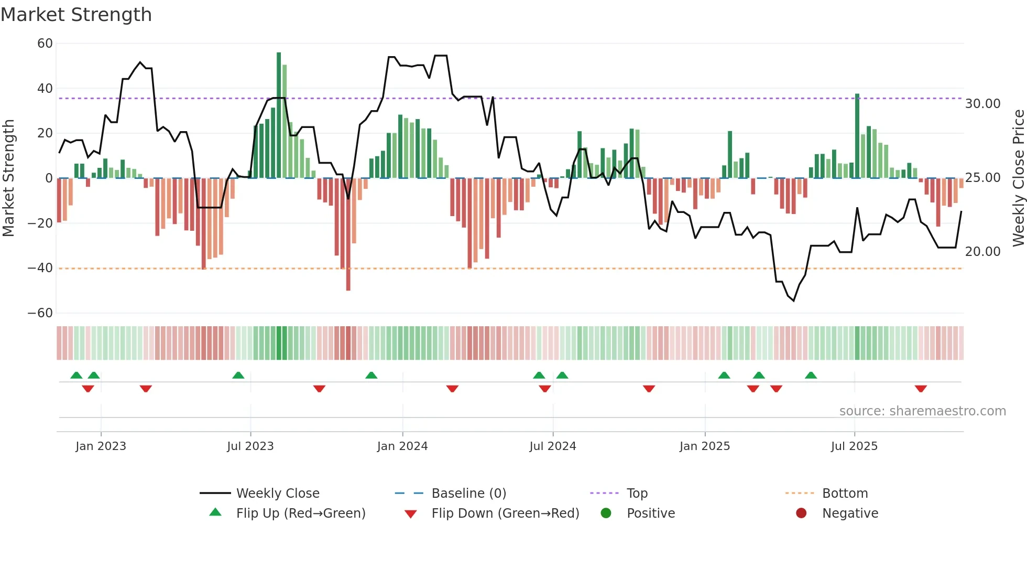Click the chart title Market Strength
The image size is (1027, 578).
click(x=76, y=15)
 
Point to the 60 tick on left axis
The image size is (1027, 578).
click(x=45, y=44)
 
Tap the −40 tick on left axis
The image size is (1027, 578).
click(x=40, y=268)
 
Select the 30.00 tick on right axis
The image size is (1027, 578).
click(x=982, y=104)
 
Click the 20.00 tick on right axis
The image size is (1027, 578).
click(x=982, y=252)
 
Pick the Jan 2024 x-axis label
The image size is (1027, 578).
click(x=402, y=446)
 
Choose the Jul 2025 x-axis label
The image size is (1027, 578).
click(x=854, y=446)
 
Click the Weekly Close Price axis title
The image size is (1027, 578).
click(x=1018, y=178)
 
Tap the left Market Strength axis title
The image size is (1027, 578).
click(x=8, y=178)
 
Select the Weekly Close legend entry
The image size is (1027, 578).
click(x=277, y=494)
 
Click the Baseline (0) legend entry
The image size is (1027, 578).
click(x=468, y=494)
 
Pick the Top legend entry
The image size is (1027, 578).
click(x=637, y=494)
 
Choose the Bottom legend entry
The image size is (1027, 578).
click(x=845, y=494)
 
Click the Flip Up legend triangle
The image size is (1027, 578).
click(x=215, y=512)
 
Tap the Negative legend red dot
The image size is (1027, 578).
click(x=801, y=513)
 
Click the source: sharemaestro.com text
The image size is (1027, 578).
click(x=922, y=411)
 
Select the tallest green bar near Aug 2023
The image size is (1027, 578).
click(x=279, y=115)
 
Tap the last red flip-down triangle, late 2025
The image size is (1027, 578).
click(x=921, y=389)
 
